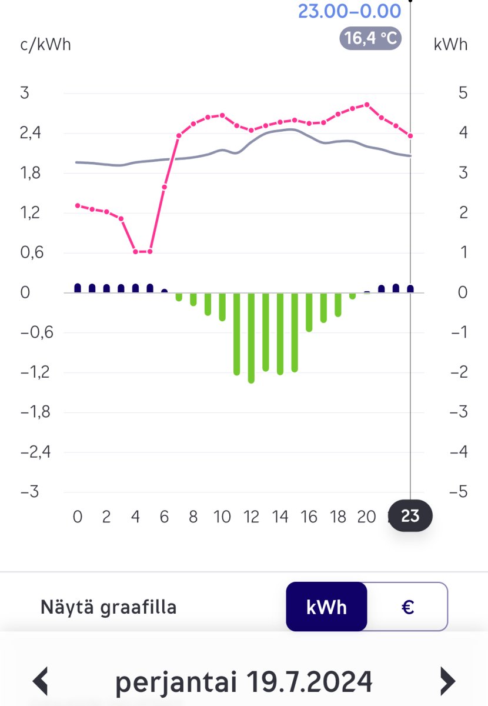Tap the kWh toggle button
326,607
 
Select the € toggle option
407,607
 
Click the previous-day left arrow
40,681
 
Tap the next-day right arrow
448,681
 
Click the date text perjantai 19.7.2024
243,681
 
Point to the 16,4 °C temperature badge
370,39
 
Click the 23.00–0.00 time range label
349,11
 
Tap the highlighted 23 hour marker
410,516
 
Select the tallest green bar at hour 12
251,338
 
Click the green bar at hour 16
309,312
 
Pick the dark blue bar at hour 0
78,288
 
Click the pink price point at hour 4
136,252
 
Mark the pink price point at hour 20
367,105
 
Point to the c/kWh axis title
45,44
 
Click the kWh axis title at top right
450,44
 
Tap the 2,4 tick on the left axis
30,133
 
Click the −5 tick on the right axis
458,492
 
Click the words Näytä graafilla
109,607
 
